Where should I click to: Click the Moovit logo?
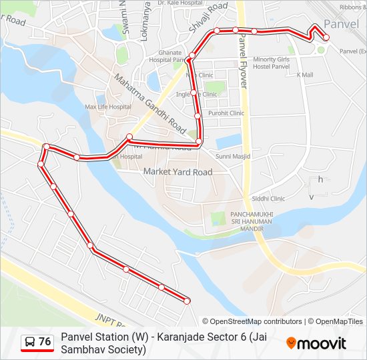point(316,343)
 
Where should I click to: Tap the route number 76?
point(45,342)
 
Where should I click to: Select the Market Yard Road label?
point(178,172)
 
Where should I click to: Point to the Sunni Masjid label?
point(233,156)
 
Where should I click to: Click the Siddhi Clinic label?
point(268,199)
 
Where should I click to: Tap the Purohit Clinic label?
point(226,113)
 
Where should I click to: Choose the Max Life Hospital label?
point(108,107)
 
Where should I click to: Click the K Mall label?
point(305,75)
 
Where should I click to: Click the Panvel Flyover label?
point(244,63)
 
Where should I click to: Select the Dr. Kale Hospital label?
point(180,3)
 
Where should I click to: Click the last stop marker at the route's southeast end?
point(187,301)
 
